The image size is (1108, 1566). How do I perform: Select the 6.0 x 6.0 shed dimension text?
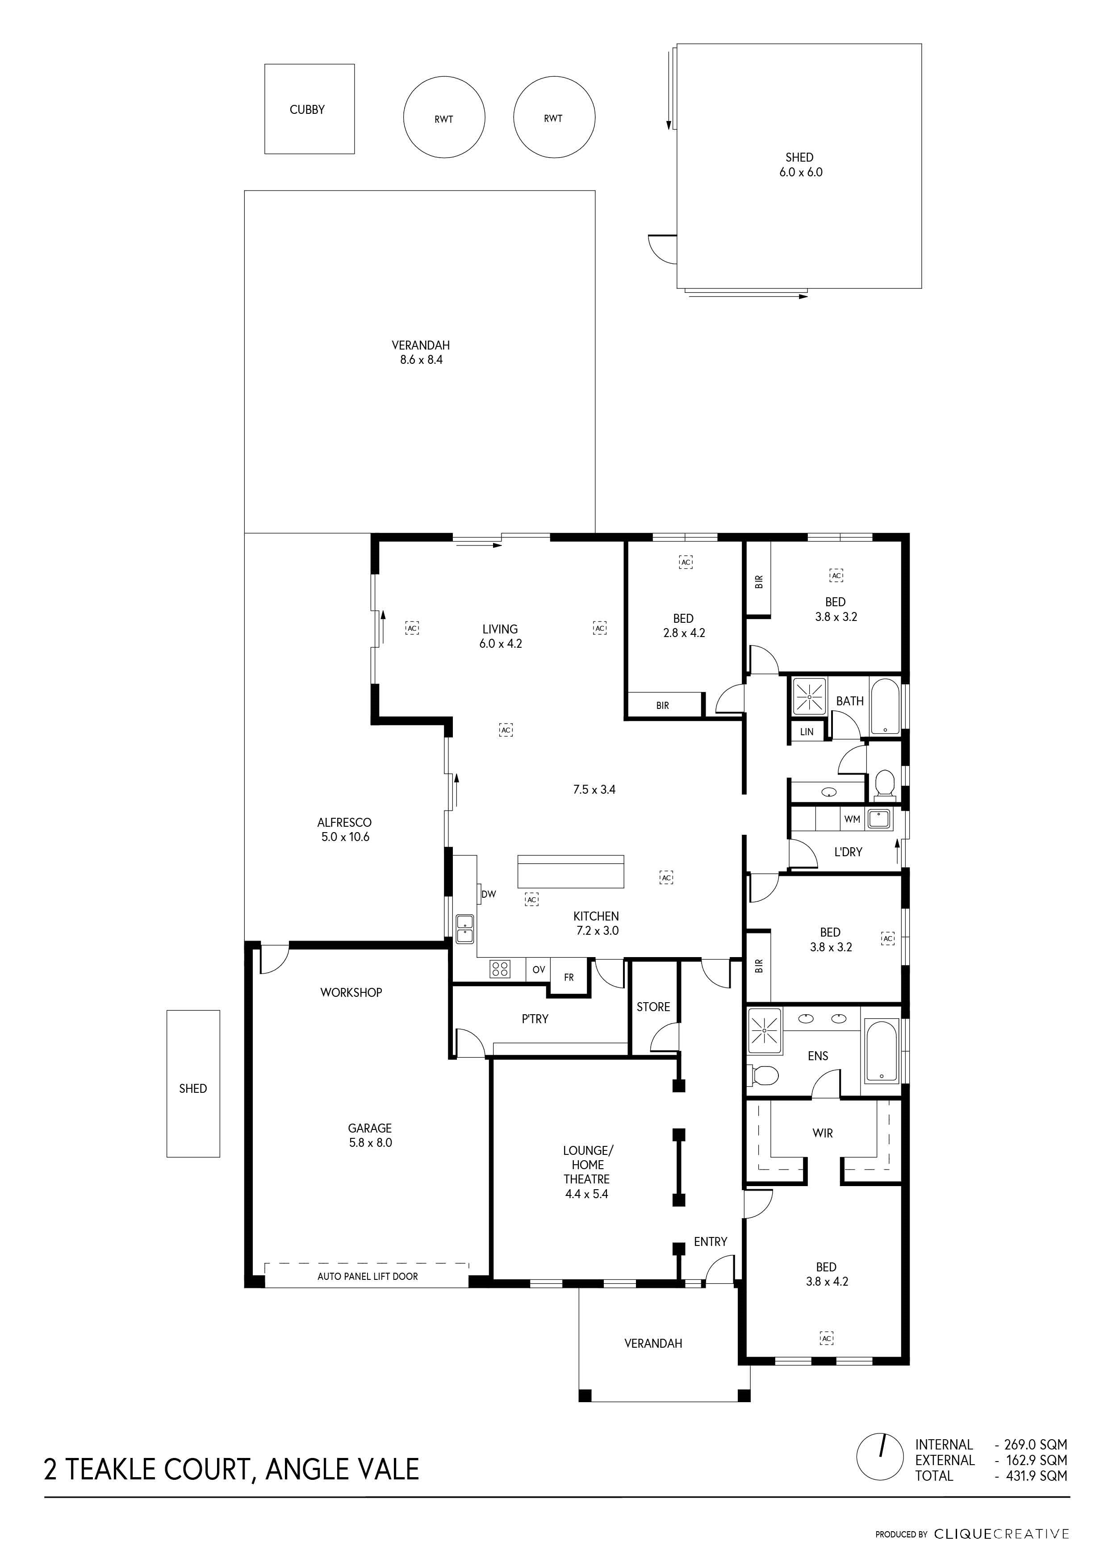point(801,173)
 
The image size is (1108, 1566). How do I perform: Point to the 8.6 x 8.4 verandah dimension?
point(421,359)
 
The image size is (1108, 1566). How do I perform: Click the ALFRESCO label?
point(344,823)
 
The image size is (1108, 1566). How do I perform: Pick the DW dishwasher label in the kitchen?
point(489,894)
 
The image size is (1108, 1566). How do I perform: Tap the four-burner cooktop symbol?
point(499,969)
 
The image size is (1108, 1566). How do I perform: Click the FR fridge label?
point(569,977)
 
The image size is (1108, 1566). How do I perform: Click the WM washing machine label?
point(852,819)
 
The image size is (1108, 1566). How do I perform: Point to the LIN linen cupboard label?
point(807,732)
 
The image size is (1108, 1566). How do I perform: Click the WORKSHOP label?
point(351,992)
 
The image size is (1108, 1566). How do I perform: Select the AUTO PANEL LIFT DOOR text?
point(368,1276)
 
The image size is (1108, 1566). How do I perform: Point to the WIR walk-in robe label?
point(823,1133)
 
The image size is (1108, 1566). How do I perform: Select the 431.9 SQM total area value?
point(1037,1475)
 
